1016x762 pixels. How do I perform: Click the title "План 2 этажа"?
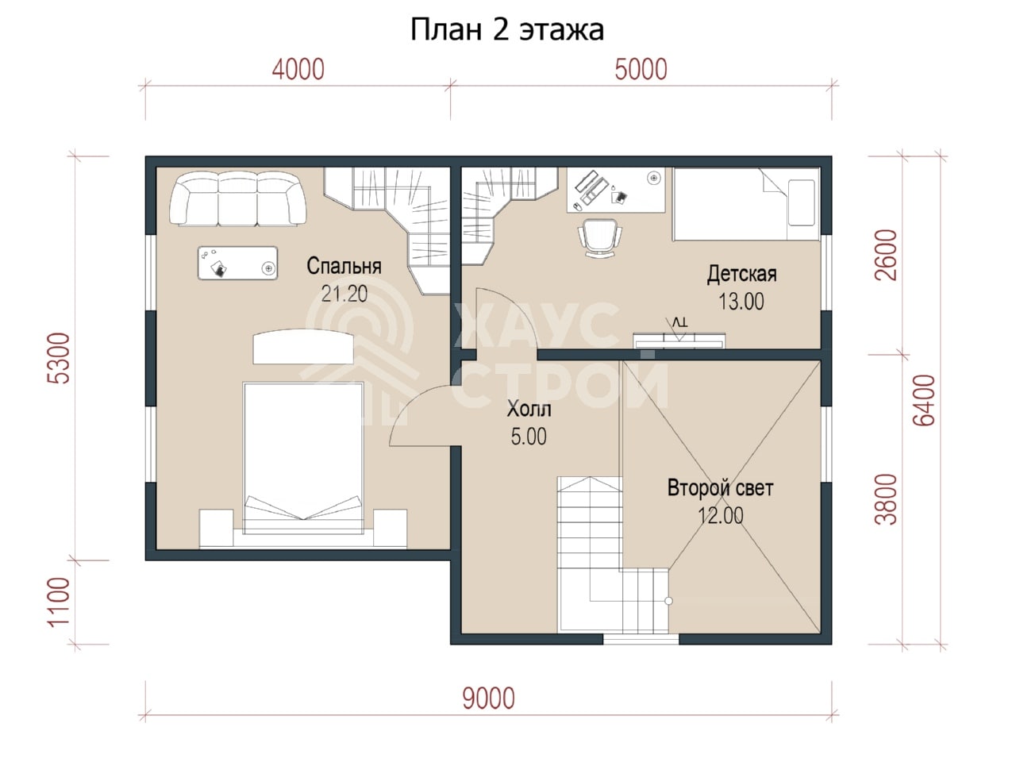pos(507,30)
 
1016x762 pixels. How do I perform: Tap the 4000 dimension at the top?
pos(298,70)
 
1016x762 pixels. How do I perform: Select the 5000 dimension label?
pos(641,70)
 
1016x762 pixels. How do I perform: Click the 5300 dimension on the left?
pos(60,358)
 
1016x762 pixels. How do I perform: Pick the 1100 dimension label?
pos(60,602)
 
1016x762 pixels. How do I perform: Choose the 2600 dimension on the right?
pos(886,256)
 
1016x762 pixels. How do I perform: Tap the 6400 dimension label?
pos(925,400)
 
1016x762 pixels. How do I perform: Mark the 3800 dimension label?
pos(886,499)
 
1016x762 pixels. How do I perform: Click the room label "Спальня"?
pos(344,266)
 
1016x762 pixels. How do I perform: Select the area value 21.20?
pos(344,294)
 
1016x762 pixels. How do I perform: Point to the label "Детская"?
pos(741,274)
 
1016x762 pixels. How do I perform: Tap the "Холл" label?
pos(529,409)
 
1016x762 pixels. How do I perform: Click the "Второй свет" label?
pos(720,488)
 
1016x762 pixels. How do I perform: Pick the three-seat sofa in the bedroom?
pos(238,199)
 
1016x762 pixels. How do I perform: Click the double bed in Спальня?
pos(303,458)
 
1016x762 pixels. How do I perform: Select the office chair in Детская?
pos(599,238)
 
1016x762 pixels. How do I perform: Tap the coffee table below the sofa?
pos(238,263)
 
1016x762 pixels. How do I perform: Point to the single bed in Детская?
pos(746,204)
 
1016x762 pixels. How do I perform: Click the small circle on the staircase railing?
pos(668,601)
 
